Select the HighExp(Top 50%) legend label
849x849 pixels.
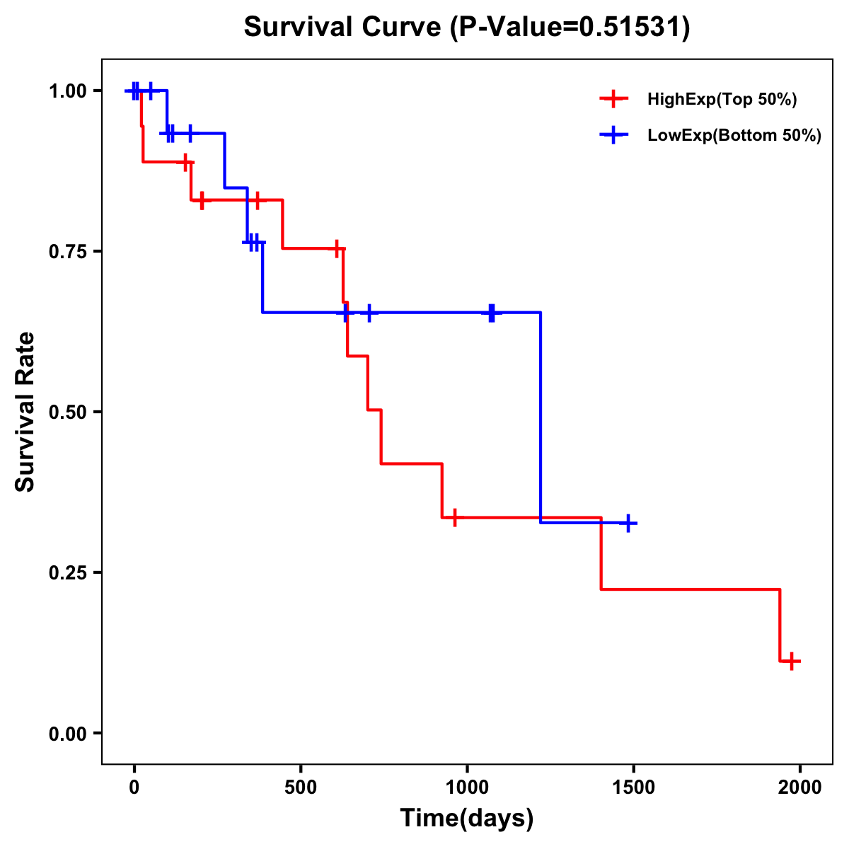722,100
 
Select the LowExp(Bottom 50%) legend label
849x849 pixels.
734,136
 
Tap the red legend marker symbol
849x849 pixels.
614,99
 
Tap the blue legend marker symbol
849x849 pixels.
614,135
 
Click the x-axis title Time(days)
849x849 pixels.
467,819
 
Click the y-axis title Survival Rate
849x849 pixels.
25,412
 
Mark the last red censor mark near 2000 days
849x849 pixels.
792,662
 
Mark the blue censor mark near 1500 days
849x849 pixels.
627,523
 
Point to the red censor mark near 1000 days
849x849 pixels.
454,517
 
